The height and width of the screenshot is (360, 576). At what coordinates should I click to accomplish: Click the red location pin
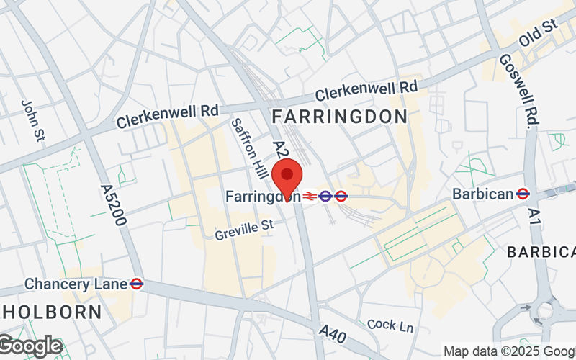tap(287, 179)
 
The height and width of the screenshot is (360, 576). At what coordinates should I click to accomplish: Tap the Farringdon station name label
tap(261, 196)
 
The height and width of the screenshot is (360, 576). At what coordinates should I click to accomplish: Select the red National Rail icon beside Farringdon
tap(309, 195)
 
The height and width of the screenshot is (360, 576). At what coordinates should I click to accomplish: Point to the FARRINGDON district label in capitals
tap(339, 116)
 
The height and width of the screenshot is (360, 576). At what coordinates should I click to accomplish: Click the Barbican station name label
tap(482, 194)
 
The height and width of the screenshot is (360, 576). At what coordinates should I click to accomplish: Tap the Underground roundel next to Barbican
tap(523, 194)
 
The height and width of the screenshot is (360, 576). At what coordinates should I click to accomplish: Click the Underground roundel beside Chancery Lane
tap(136, 284)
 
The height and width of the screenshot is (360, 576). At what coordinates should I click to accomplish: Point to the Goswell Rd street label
tap(518, 91)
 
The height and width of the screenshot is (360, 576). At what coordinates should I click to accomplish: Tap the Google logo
tap(30, 346)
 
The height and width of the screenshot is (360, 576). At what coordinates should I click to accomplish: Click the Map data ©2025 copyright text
tap(509, 351)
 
